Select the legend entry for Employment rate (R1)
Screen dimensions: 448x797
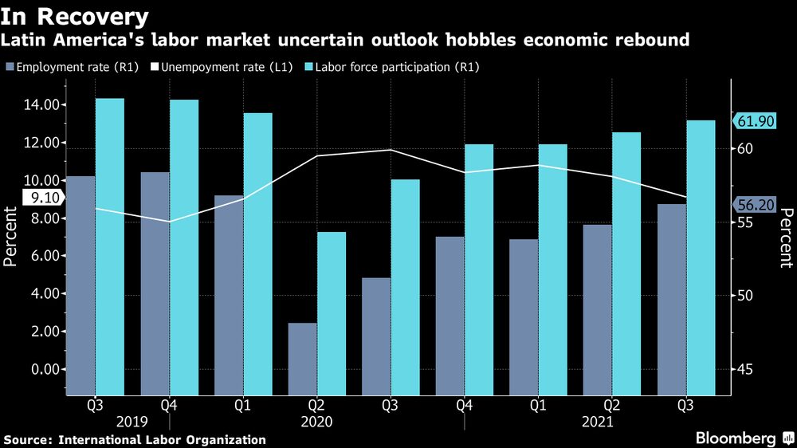coord(61,68)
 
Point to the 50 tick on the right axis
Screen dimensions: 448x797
coord(745,296)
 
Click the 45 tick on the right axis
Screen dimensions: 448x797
coord(745,369)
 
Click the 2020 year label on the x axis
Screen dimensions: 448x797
coord(316,422)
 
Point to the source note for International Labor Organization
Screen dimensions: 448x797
coord(135,439)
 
